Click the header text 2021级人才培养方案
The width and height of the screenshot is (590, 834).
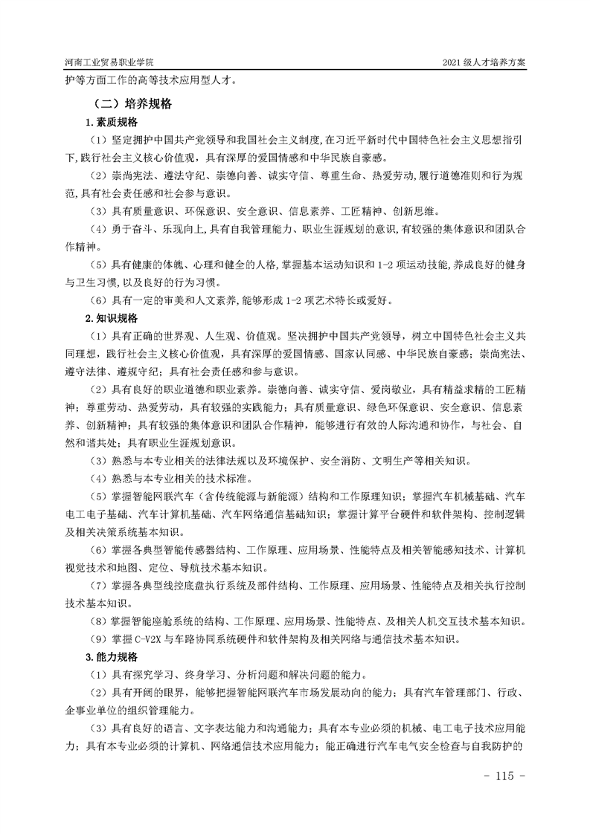pyautogui.click(x=484, y=64)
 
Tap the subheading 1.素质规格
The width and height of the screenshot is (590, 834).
pyautogui.click(x=111, y=122)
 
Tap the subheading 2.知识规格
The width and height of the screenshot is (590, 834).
pyautogui.click(x=111, y=318)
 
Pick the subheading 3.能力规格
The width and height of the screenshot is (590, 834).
pyautogui.click(x=111, y=656)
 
